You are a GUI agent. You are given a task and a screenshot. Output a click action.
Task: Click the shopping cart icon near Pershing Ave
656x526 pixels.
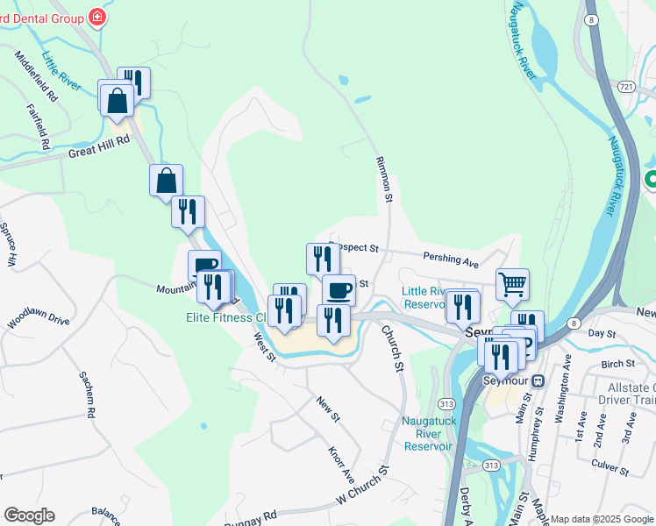pos(512,283)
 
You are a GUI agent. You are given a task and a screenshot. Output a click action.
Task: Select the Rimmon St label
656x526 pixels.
pos(383,180)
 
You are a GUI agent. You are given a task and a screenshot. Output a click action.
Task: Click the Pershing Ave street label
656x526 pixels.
pos(451,261)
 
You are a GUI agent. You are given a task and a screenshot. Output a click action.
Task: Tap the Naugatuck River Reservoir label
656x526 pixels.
pos(427,433)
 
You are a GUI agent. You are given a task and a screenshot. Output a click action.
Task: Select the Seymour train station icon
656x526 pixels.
pos(539,380)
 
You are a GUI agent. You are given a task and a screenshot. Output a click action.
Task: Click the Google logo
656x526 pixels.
pos(29,515)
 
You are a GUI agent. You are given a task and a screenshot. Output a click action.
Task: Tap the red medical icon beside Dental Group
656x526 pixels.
pos(96,18)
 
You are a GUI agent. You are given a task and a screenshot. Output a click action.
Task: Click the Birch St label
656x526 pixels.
pos(618,363)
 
